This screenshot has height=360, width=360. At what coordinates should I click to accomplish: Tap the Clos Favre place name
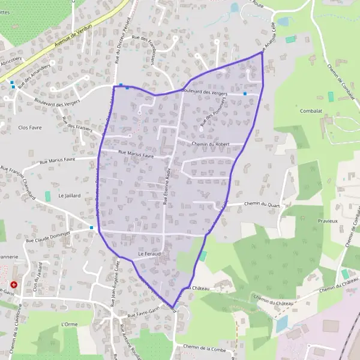(x=31, y=128)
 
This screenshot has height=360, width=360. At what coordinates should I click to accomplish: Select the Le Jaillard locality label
(x=70, y=196)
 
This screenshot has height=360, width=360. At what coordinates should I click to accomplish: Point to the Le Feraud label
(x=149, y=254)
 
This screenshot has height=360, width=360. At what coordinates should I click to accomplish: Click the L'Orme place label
(x=70, y=324)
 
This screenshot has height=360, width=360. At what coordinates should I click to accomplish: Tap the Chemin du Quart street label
(x=263, y=204)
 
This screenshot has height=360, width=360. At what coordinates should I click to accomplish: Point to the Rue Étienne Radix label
(x=169, y=186)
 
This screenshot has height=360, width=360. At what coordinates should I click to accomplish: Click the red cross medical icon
(x=14, y=284)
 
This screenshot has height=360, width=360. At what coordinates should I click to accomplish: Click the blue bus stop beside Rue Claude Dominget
(x=91, y=227)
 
